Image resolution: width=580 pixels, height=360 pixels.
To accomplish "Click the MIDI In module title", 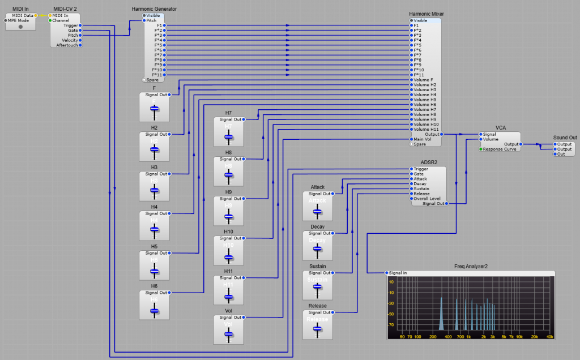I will pos(21,9).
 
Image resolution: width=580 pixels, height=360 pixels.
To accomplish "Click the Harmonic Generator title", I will pos(154,9).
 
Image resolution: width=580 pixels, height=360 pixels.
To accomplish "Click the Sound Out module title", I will pos(565,138).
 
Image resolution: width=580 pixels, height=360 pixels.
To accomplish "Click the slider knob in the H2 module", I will pos(153,149).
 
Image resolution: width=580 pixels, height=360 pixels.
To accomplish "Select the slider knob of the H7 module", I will pos(228,136).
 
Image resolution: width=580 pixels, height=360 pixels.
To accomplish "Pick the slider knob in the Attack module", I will pos(317,211).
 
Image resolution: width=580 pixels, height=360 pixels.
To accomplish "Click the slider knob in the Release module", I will pos(317,329).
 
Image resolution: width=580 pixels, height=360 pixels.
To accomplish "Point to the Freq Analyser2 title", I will pos(471,266).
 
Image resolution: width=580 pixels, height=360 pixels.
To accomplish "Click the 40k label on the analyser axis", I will pos(549,337).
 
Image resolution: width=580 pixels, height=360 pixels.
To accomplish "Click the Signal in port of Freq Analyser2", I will pos(387,273).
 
